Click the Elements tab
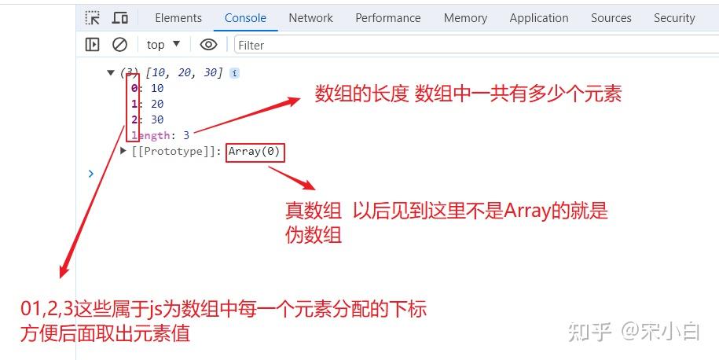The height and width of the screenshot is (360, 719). (x=178, y=18)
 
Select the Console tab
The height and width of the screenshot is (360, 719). (x=245, y=18)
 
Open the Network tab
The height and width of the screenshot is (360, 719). (x=311, y=18)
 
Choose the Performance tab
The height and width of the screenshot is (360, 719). (x=388, y=18)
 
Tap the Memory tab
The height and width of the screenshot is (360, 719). (x=465, y=18)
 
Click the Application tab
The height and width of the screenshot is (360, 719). (x=539, y=18)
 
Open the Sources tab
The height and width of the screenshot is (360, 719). (x=611, y=18)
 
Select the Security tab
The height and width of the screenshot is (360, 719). (x=674, y=18)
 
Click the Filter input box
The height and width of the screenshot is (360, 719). (x=477, y=45)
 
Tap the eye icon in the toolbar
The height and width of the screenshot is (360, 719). (x=209, y=45)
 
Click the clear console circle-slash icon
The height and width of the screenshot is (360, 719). (x=119, y=45)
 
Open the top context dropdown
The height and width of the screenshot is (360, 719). (x=163, y=45)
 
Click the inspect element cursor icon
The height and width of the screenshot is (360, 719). (x=92, y=18)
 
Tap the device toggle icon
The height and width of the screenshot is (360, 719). (x=120, y=18)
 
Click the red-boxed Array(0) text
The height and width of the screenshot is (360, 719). (x=255, y=152)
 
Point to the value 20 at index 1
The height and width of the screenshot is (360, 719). (x=157, y=104)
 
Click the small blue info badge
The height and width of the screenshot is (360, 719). (x=234, y=73)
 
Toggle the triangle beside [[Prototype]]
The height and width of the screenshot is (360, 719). (x=123, y=150)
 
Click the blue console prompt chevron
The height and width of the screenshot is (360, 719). (x=91, y=174)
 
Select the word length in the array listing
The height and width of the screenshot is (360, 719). (x=151, y=136)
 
